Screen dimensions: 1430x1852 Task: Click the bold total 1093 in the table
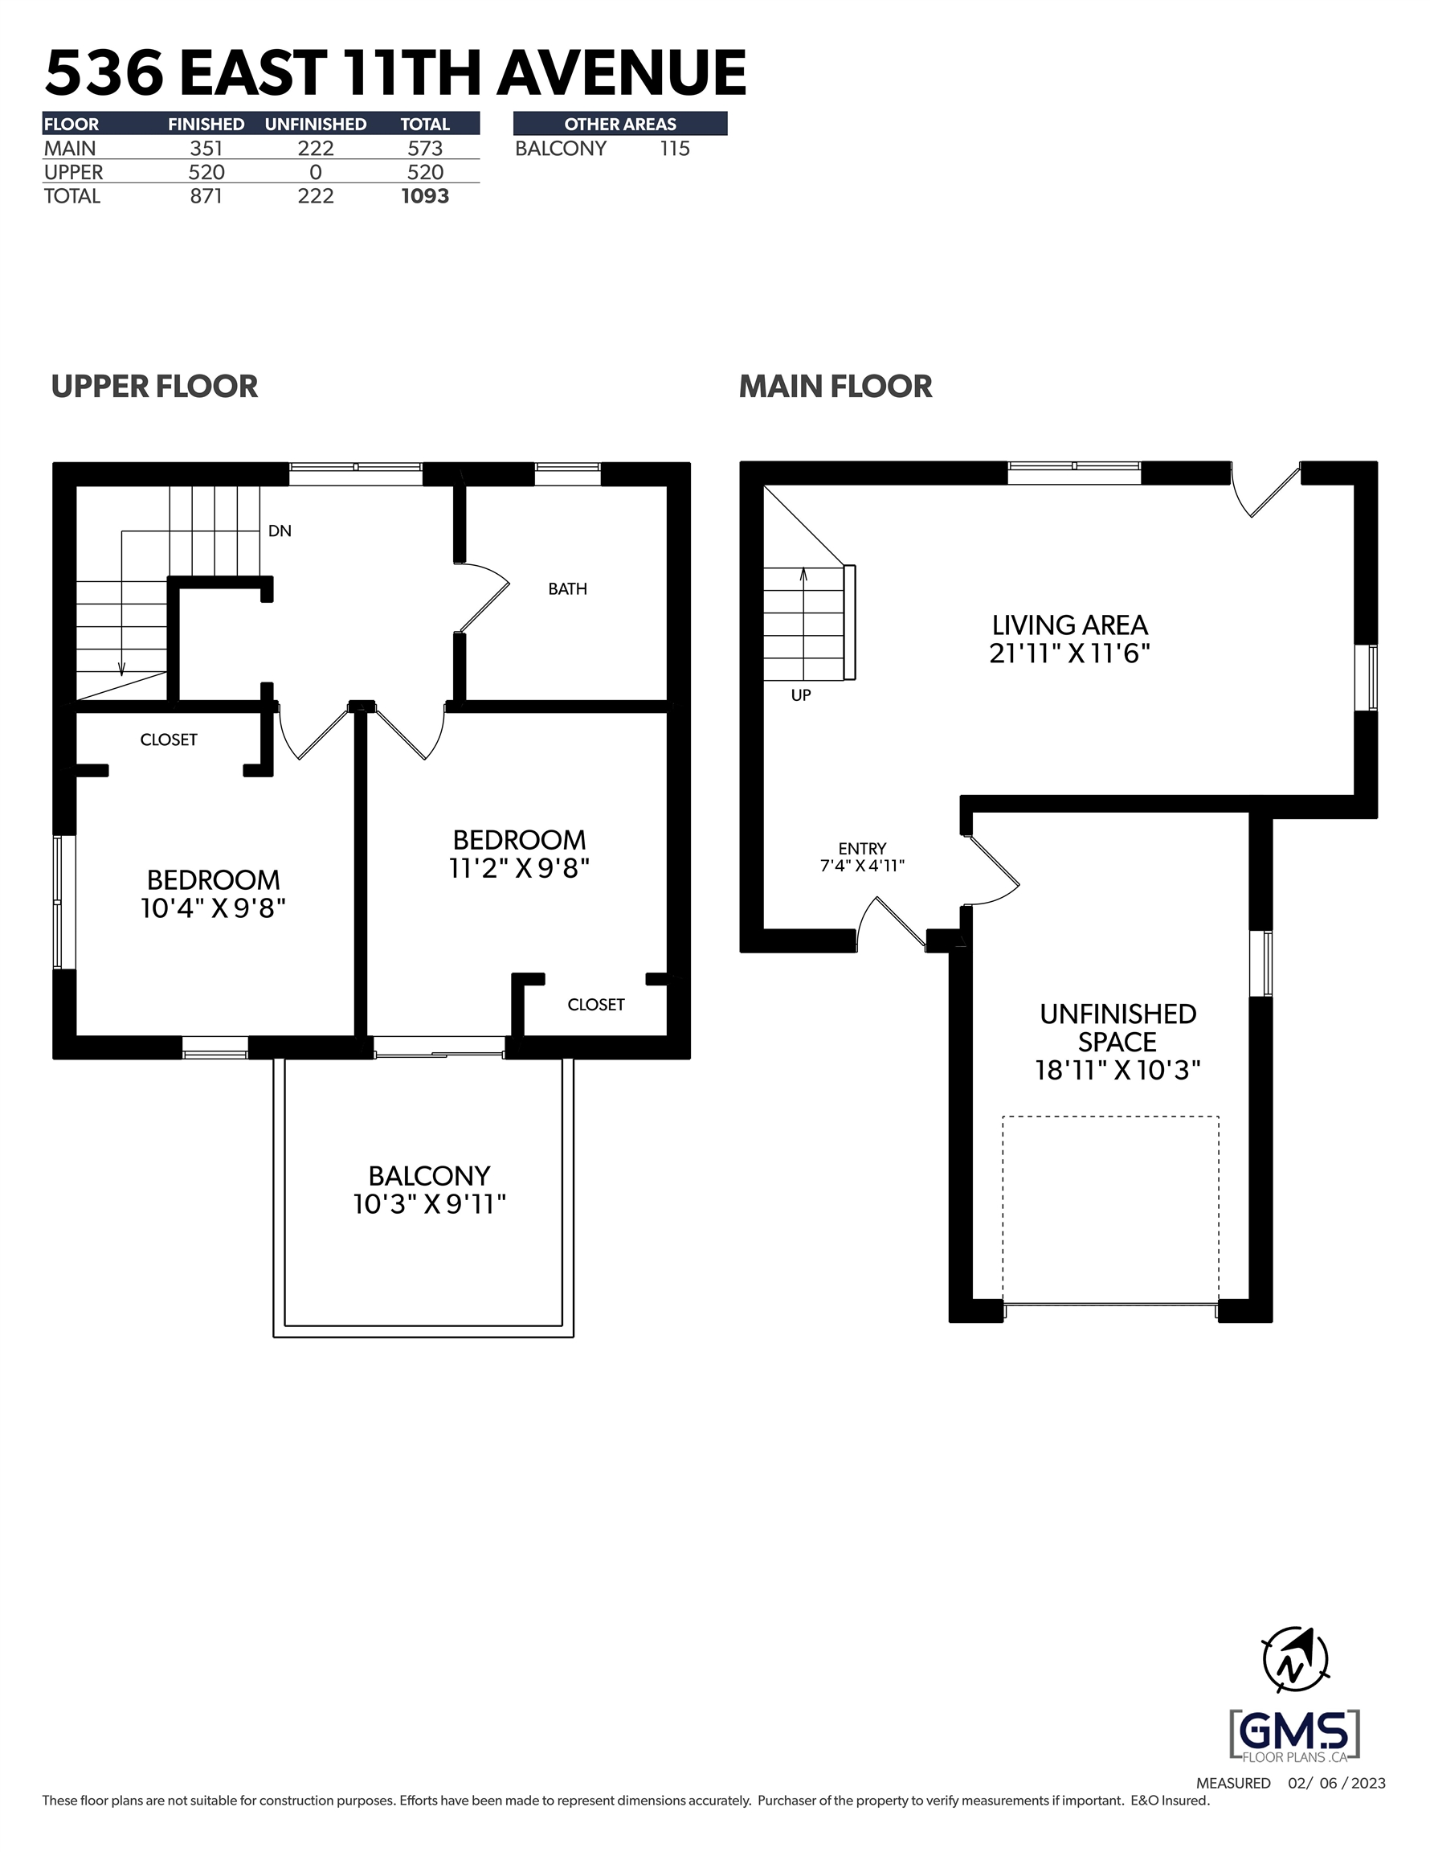coord(425,196)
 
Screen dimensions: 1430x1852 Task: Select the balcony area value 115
coord(675,149)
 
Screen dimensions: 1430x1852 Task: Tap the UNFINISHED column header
coord(316,124)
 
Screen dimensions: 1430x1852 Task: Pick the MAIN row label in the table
coord(71,149)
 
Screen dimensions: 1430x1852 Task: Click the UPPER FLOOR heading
coord(154,387)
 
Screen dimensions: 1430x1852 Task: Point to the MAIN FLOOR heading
coord(836,387)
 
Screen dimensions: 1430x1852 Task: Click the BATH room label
coord(567,588)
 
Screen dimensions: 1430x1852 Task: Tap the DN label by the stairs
coord(280,531)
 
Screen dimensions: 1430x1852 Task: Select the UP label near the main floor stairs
coord(801,695)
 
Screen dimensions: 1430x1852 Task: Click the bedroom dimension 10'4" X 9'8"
coord(213,908)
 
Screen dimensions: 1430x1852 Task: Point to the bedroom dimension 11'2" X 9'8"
coord(520,868)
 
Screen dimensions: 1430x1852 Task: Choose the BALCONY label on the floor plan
coord(429,1175)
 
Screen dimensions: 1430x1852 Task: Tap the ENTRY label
coord(862,848)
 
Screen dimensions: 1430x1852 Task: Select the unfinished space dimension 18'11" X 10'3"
coord(1118,1070)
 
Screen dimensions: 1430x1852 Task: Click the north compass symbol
coord(1295,1661)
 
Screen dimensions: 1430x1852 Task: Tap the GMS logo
coord(1294,1735)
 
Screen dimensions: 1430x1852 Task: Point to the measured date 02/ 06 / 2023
coord(1337,1784)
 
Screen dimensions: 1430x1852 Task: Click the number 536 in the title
coord(104,73)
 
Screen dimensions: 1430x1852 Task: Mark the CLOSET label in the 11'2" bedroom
coord(596,1005)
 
